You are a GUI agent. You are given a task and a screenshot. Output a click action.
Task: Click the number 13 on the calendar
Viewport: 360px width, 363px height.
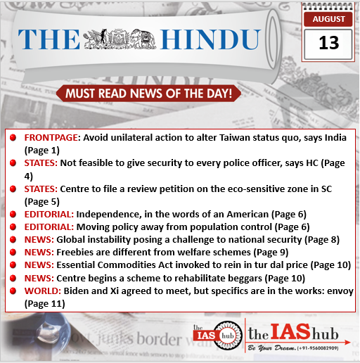328,43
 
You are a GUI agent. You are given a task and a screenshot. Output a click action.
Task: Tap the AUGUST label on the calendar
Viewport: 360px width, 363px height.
328,19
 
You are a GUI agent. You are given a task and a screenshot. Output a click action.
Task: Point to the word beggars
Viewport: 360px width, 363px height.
239,279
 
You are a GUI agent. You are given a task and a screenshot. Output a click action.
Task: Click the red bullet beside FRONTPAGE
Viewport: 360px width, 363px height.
13,138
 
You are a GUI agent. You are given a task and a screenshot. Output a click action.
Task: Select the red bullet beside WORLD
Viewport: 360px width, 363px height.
13,291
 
